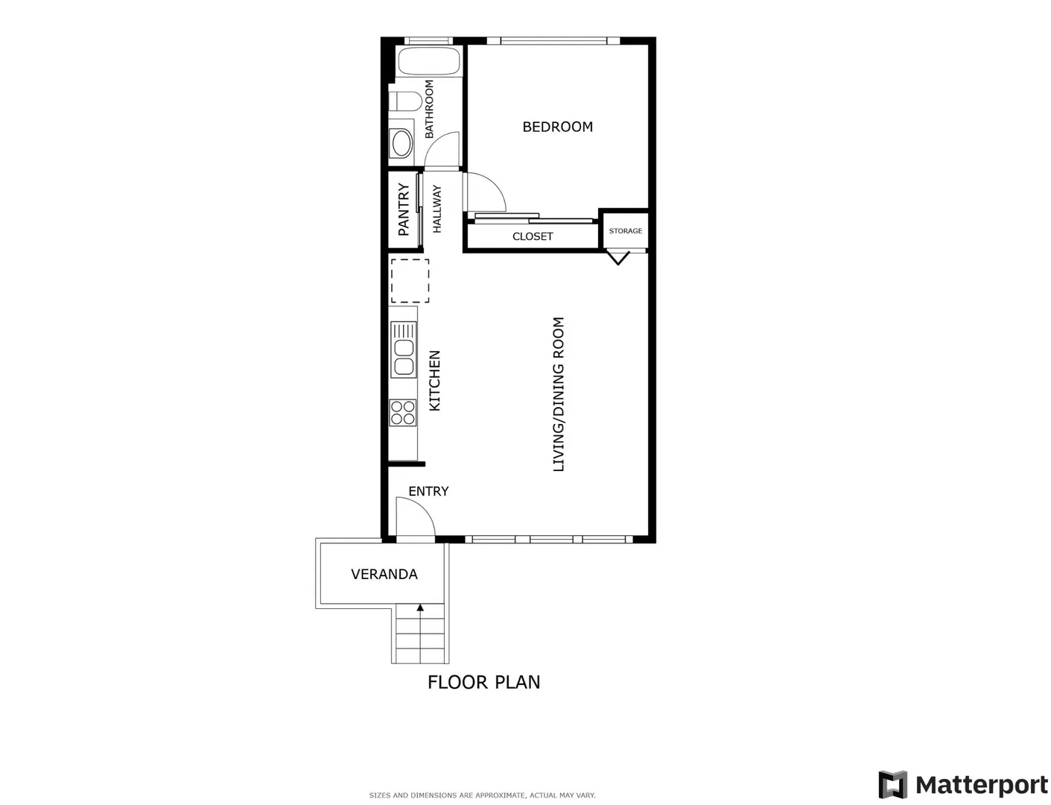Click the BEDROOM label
click(557, 127)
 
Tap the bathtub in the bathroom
click(428, 61)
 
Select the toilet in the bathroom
click(405, 101)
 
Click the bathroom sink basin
click(401, 143)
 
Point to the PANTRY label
click(404, 209)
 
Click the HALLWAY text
click(436, 209)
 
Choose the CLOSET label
click(533, 237)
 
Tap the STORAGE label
click(626, 231)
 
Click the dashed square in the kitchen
click(410, 281)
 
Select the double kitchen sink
click(403, 350)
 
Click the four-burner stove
click(403, 413)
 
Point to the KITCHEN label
click(434, 381)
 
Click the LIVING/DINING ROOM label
click(559, 394)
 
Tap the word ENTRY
click(428, 491)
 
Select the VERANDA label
click(384, 574)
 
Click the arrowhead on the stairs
click(420, 607)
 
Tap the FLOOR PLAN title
click(483, 682)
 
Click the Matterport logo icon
click(892, 785)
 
